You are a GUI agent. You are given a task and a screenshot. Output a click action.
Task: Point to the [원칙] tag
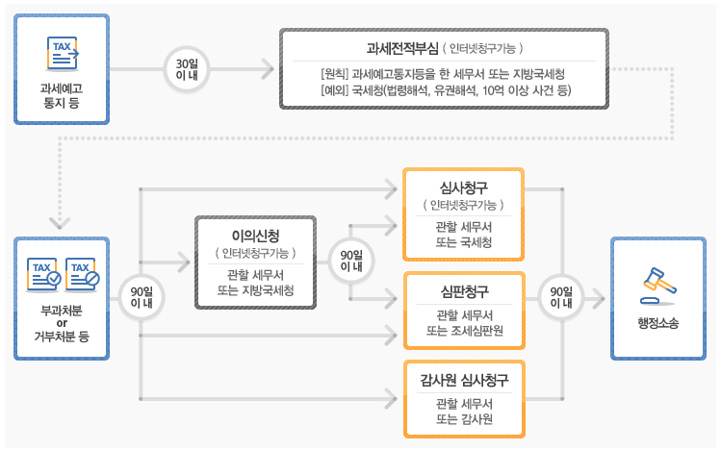(x=335, y=74)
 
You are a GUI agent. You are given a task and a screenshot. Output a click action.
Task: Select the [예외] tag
(x=335, y=91)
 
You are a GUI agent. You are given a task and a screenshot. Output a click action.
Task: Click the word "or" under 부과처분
(x=62, y=322)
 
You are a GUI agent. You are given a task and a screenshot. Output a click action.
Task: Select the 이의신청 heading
(x=256, y=236)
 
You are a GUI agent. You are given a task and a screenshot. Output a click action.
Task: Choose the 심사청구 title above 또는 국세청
(x=463, y=186)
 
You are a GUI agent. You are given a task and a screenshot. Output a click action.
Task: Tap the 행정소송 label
(x=657, y=323)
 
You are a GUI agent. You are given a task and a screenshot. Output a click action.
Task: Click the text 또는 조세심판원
(x=463, y=332)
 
